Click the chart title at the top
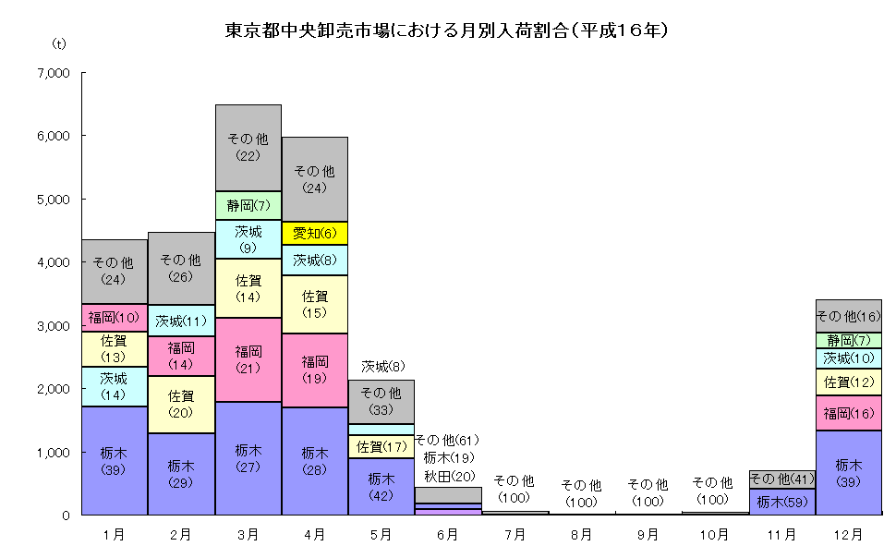pos(447,30)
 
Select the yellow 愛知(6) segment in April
pos(314,233)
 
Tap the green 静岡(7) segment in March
pos(248,205)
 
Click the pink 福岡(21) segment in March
pos(248,359)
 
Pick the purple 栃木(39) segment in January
pos(115,460)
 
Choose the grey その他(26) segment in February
pos(181,268)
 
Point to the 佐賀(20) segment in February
pos(181,404)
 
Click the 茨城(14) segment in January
pos(115,386)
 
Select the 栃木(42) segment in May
pos(381,486)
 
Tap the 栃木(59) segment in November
pos(781,502)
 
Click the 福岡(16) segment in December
pos(848,413)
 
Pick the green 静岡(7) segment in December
pos(848,340)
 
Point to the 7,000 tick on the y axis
pos(57,73)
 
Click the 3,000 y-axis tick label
pos(57,326)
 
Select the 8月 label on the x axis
pos(581,534)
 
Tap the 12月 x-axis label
pos(848,534)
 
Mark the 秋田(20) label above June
pos(448,475)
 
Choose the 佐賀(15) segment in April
pos(314,304)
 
